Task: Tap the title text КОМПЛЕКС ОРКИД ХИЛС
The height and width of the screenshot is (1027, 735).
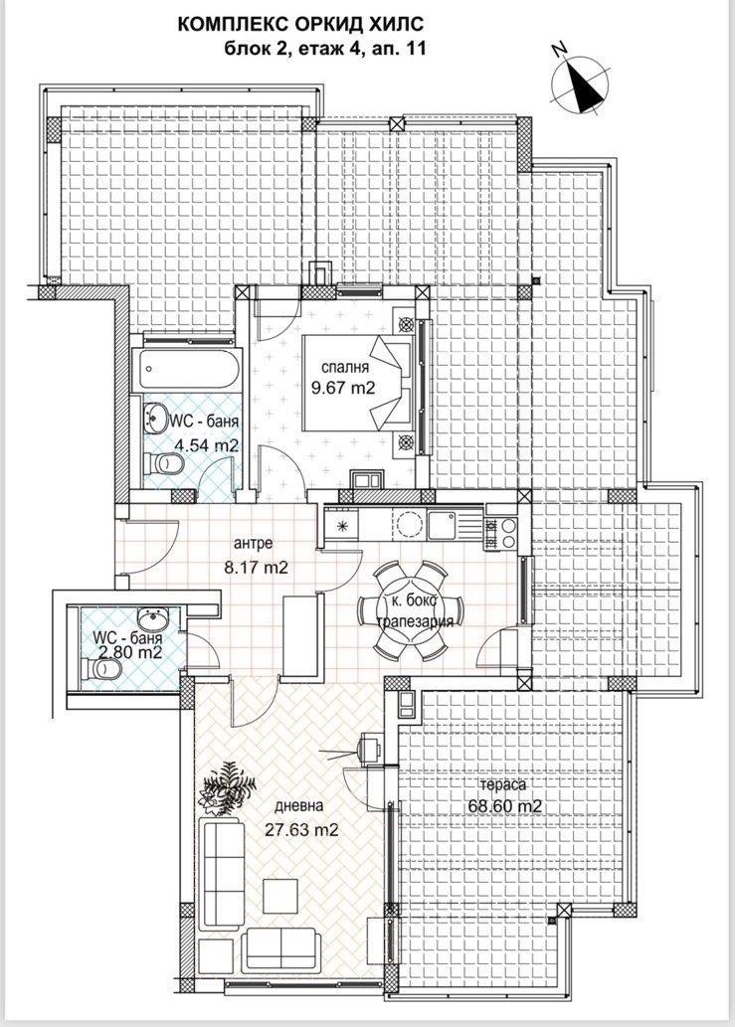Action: point(301,25)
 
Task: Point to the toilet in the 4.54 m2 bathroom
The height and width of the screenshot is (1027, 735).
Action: point(163,463)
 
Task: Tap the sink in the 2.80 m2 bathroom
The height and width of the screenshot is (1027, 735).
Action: point(154,617)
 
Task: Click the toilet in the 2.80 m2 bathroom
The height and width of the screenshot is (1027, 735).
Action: point(104,669)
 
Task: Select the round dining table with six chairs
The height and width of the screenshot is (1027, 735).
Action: point(411,610)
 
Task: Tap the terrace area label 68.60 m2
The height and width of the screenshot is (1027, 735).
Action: point(505,805)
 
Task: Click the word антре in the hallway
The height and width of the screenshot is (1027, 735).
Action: point(253,544)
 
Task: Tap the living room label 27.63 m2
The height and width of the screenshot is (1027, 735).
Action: point(301,830)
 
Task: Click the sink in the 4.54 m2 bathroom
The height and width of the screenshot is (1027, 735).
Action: point(155,418)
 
